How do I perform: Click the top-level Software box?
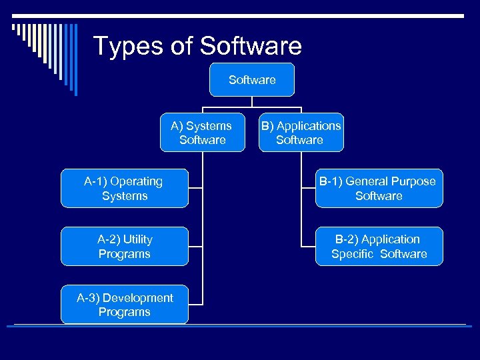coord(251,80)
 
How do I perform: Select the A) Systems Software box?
coord(202,133)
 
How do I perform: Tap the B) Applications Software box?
coord(301,133)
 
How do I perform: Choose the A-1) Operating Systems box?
coord(124,189)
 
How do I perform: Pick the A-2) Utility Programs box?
coord(124,247)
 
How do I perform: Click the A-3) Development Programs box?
coord(124,305)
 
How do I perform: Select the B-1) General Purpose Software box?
coord(379,189)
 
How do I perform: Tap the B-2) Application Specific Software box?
coord(379,247)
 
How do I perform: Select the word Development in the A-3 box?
coord(139,298)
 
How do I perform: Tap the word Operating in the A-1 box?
coord(137,181)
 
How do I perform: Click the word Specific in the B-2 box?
coord(354,254)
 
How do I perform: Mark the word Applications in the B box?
coord(309,125)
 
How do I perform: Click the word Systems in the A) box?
coord(209,125)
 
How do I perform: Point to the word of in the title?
coord(181,47)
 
